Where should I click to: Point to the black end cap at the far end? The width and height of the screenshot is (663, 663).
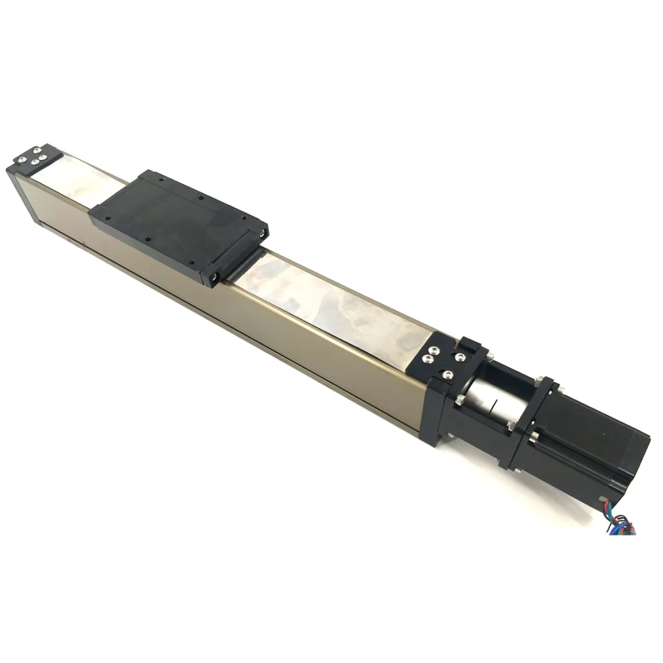pos(33,157)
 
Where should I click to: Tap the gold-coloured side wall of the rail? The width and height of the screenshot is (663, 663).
pos(249,323)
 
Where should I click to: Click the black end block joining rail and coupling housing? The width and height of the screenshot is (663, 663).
pos(439,414)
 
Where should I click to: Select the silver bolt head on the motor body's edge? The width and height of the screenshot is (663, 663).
pos(534,436)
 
